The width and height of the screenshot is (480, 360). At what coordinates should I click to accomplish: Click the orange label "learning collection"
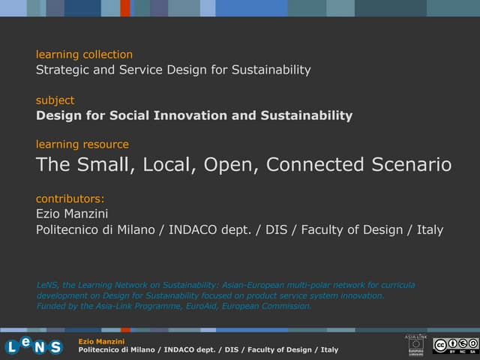[84, 54]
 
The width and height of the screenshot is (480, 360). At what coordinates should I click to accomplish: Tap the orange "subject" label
[55, 100]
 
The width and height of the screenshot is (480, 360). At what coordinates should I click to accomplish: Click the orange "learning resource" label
[82, 144]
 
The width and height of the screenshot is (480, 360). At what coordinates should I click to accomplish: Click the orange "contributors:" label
[70, 199]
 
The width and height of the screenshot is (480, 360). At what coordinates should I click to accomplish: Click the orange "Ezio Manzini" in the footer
[101, 342]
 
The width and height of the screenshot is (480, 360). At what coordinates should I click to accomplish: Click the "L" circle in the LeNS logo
[13, 346]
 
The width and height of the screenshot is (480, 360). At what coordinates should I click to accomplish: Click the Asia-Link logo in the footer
[415, 344]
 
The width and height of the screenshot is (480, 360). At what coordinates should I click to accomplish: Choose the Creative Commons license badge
[454, 345]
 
